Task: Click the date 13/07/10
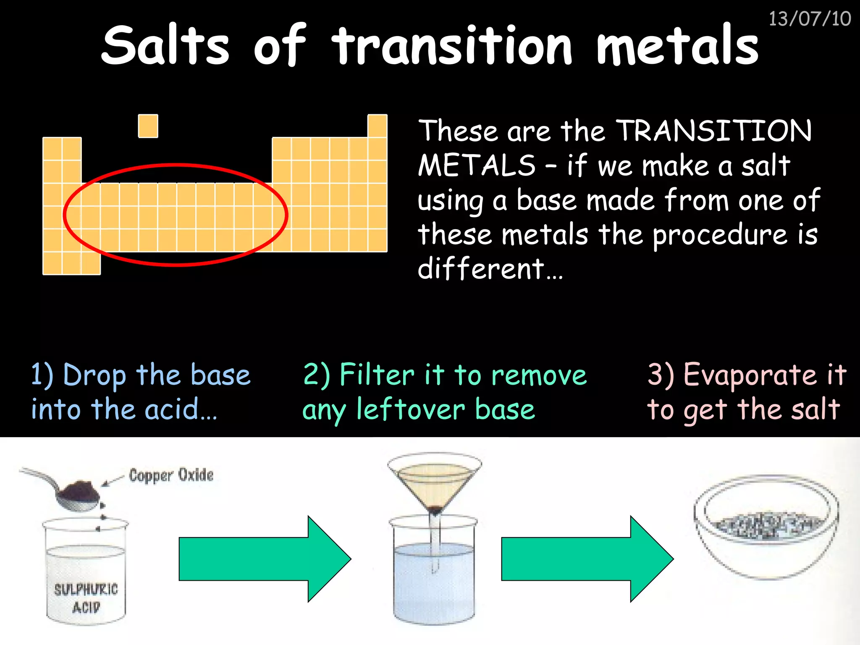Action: pos(809,19)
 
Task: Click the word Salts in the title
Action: pos(165,45)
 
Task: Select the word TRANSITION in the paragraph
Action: pos(714,131)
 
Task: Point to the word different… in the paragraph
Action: pos(490,269)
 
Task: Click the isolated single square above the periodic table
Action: pos(148,126)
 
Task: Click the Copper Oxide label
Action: pos(171,475)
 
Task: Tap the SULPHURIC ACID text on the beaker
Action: pos(86,598)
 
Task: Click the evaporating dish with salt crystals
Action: pos(766,527)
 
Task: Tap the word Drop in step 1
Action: pos(94,375)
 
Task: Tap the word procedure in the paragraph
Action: pos(720,235)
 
